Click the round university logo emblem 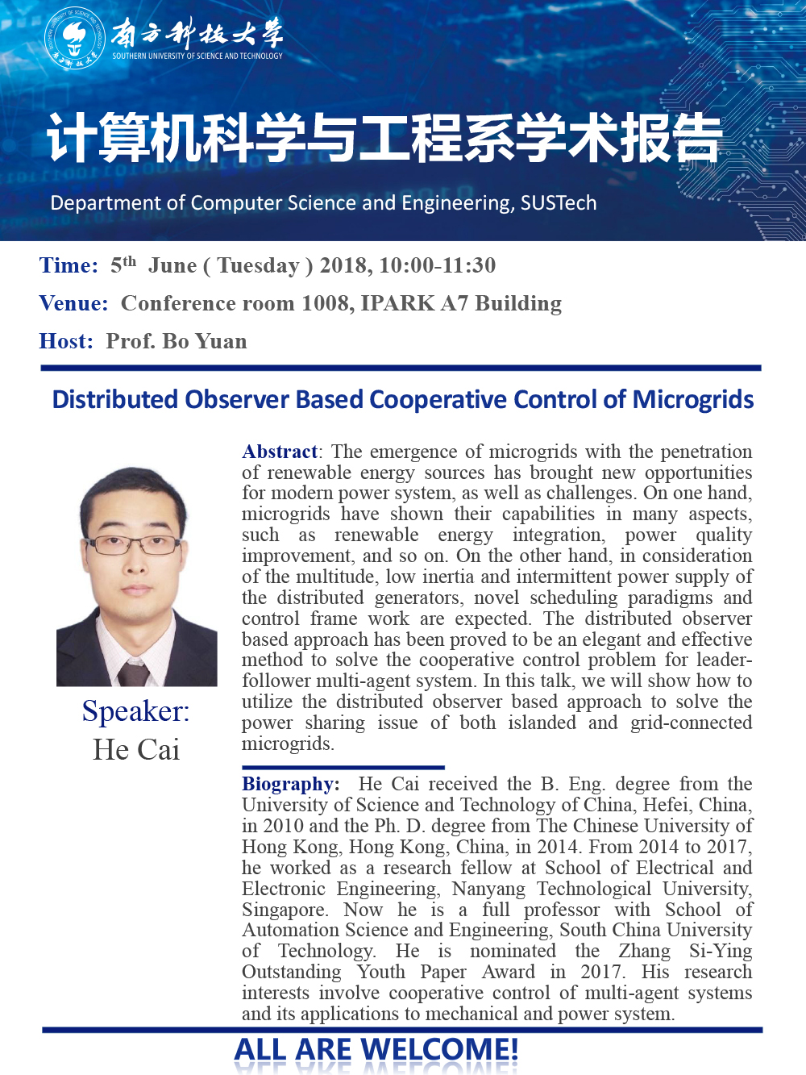click(75, 38)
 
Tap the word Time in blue click(67, 265)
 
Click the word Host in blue click(64, 341)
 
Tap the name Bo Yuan click(205, 341)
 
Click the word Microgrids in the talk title click(693, 400)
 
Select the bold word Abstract click(280, 452)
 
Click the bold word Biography click(289, 784)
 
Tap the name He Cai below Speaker click(136, 750)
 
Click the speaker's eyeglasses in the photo click(134, 545)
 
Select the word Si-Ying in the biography click(720, 952)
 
